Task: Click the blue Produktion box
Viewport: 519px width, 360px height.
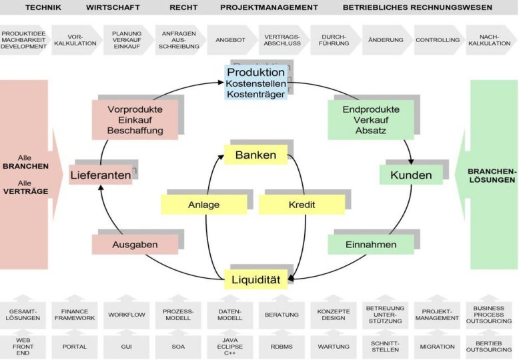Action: click(256, 83)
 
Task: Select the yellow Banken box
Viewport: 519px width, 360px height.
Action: click(256, 155)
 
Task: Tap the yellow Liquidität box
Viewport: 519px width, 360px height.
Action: click(256, 279)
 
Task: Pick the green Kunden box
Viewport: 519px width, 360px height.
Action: click(411, 175)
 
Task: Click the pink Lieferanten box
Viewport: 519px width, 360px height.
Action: click(101, 175)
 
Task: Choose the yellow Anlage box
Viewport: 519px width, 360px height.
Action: click(204, 205)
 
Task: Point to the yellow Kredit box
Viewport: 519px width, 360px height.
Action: click(302, 205)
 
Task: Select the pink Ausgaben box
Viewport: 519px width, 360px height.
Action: click(135, 245)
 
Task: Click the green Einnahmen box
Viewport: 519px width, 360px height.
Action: click(371, 245)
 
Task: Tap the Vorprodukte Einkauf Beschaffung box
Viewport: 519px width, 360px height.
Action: click(135, 120)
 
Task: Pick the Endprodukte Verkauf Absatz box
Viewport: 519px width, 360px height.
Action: click(371, 120)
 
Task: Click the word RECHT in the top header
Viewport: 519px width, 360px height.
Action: click(183, 7)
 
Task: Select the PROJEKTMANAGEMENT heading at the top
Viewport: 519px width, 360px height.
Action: click(269, 7)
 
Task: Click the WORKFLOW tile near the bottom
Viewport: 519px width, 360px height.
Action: click(127, 315)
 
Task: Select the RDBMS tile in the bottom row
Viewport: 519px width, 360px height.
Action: click(282, 347)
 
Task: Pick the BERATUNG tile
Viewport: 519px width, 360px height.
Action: click(282, 315)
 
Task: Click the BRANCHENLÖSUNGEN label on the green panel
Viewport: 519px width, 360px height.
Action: click(492, 176)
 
